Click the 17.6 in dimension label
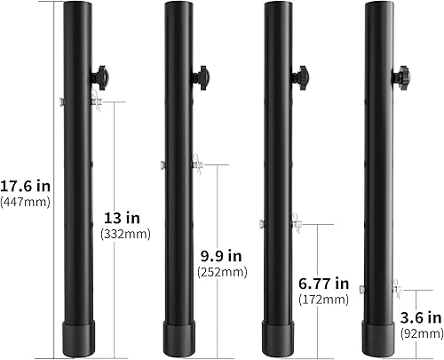point(26,186)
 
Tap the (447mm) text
point(27,203)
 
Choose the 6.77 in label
point(323,284)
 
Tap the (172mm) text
point(323,300)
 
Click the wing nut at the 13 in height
point(95,103)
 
